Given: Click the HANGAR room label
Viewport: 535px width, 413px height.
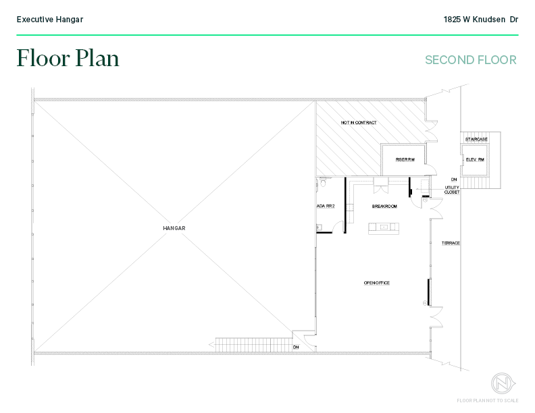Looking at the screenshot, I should pos(174,228).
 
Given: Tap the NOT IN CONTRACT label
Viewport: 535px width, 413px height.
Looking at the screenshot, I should pos(359,123).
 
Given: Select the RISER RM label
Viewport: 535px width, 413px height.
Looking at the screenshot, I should pos(405,160).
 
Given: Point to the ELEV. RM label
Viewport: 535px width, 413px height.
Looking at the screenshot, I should pos(476,160).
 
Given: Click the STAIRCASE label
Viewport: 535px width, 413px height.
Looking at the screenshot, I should pos(476,140).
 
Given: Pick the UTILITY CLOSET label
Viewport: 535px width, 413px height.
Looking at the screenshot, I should pos(452,190).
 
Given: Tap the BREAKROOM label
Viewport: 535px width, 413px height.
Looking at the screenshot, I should pos(384,206).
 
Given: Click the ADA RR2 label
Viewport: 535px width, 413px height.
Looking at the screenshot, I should pos(326,206).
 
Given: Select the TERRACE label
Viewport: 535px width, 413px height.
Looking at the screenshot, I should pos(451,243).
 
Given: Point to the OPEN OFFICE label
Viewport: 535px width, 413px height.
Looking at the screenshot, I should pos(377,283).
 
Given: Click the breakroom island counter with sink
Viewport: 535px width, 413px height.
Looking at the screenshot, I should pos(384,227).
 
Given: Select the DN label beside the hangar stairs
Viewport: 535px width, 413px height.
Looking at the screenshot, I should pos(296,348).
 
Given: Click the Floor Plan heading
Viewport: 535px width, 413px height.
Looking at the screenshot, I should pos(68,59).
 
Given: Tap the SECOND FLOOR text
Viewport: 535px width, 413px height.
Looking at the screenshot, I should pos(470,60).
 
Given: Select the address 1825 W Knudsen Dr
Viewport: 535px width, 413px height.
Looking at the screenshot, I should pos(480,20).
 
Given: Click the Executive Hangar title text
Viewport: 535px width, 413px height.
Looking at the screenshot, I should pos(50,20).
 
